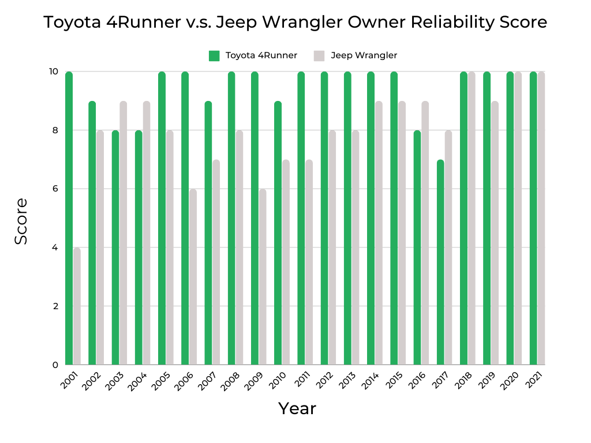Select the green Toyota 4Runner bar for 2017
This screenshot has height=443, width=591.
pos(440,262)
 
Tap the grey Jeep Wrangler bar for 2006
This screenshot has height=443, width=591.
pos(193,277)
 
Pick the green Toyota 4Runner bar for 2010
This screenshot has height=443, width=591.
pos(278,233)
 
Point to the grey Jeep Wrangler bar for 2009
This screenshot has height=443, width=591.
pos(263,277)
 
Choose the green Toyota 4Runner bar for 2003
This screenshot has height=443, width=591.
pos(115,248)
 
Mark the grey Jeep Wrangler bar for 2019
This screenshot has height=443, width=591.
pos(495,233)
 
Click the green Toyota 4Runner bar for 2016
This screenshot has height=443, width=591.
pos(417,248)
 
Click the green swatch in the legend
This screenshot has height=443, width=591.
pos(214,55)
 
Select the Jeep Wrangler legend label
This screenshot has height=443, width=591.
pos(364,55)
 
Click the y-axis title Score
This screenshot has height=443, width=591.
pos(21,221)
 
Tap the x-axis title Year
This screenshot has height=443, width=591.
pos(297,408)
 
